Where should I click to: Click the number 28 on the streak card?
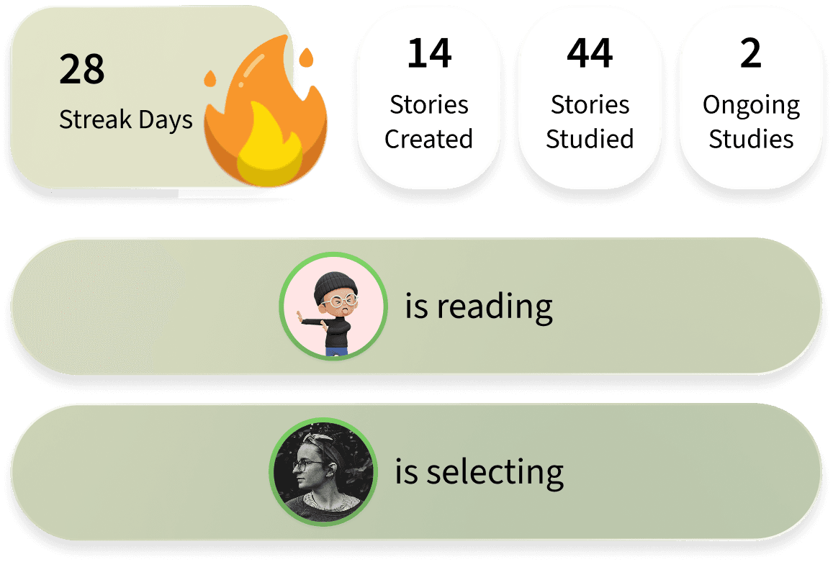82,70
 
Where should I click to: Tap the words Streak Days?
126,119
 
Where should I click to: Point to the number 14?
429,54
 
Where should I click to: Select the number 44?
590,54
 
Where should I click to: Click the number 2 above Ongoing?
750,54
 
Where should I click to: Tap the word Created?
428,139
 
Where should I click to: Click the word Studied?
590,139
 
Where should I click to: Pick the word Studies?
751,139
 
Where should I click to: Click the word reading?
495,307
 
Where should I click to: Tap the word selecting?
495,473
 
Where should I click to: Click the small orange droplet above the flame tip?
307,56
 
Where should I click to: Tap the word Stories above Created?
429,105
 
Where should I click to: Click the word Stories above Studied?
590,105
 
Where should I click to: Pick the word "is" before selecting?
407,473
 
